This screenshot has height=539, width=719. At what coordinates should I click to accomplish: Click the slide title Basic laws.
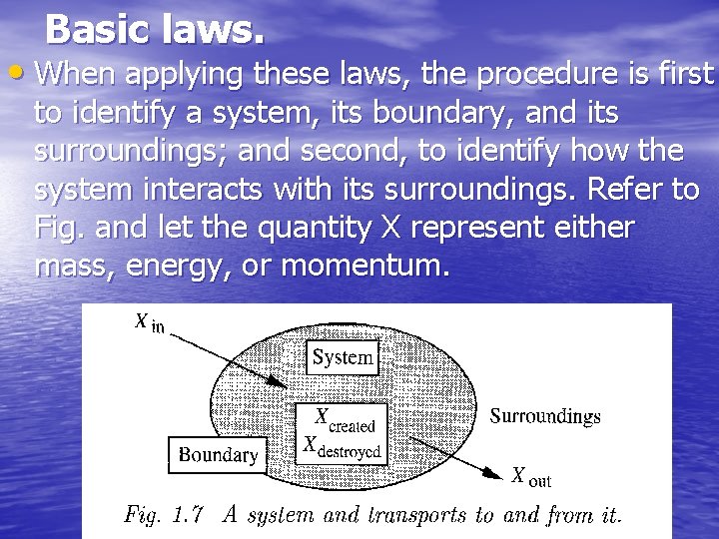tap(156, 30)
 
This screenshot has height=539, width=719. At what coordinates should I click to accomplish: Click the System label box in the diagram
tap(343, 356)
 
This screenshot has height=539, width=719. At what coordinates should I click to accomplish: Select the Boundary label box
tap(218, 455)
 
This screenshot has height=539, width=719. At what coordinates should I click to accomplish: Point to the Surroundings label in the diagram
tap(545, 415)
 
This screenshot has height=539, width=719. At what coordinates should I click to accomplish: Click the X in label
tap(149, 323)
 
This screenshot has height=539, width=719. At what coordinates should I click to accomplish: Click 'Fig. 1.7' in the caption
tap(164, 516)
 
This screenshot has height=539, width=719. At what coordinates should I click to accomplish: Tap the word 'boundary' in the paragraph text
tap(415, 113)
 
